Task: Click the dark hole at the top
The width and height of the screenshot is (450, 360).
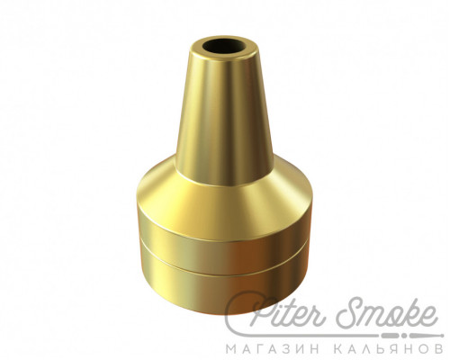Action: click(x=224, y=46)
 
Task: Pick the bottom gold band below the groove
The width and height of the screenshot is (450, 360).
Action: click(x=223, y=288)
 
